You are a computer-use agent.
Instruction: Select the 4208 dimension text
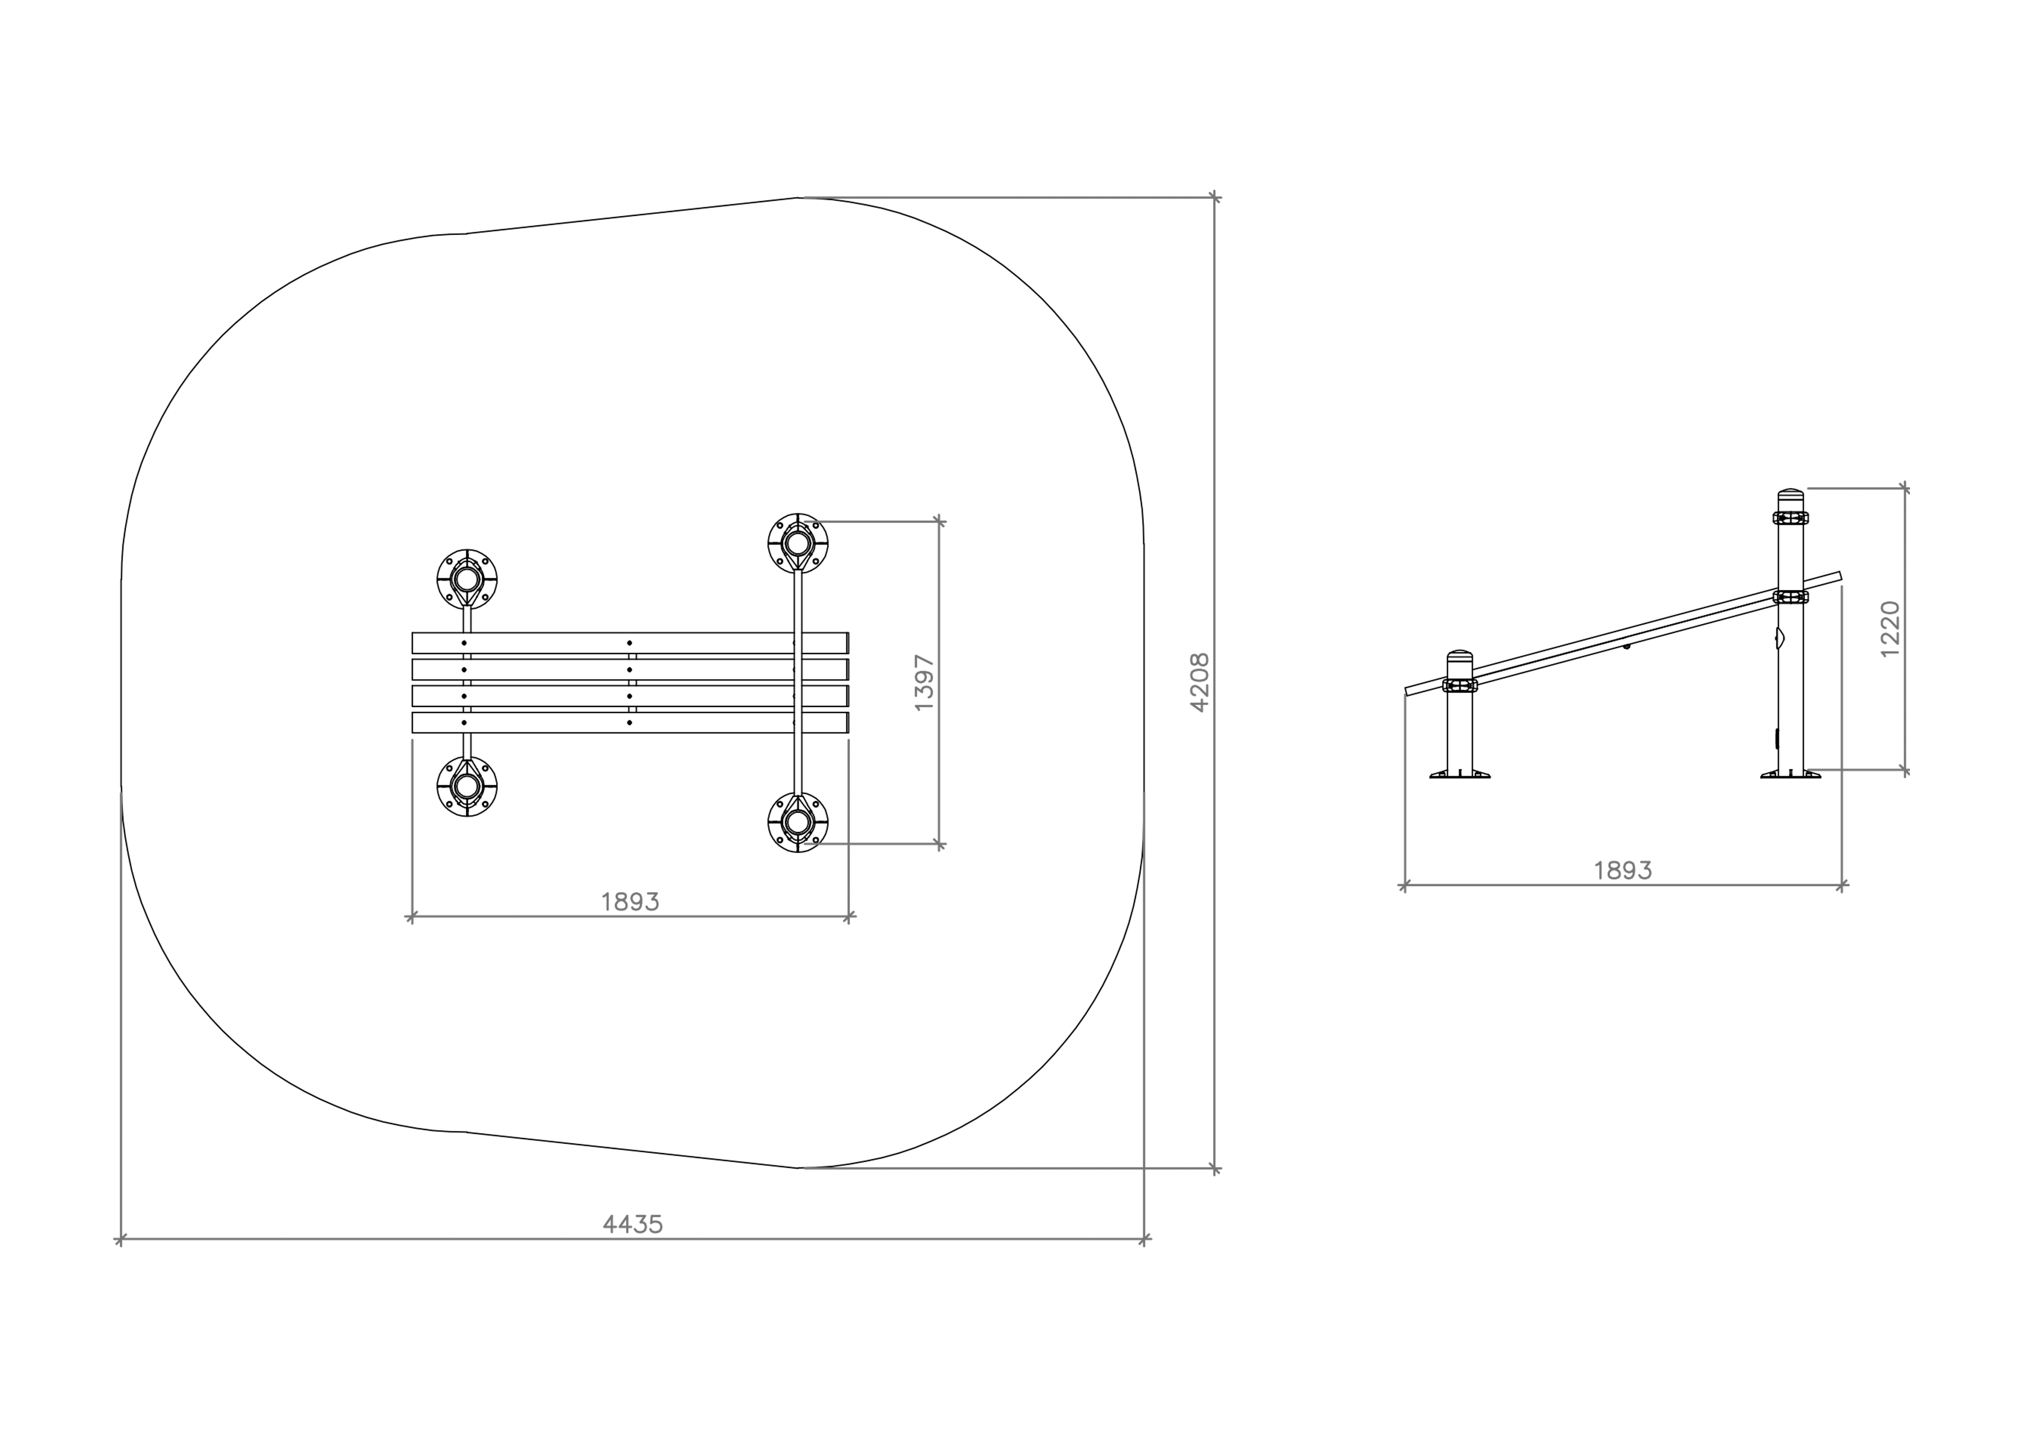tap(1199, 682)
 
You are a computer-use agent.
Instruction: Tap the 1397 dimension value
tap(924, 682)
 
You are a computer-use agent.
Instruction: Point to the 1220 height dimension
tap(1889, 629)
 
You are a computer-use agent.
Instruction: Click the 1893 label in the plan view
tap(630, 902)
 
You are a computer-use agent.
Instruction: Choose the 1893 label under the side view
tap(1623, 871)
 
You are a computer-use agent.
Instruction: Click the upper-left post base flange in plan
tap(467, 580)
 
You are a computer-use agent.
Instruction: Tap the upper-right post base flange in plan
tap(798, 543)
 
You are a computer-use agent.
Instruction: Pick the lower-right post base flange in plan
tap(798, 822)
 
